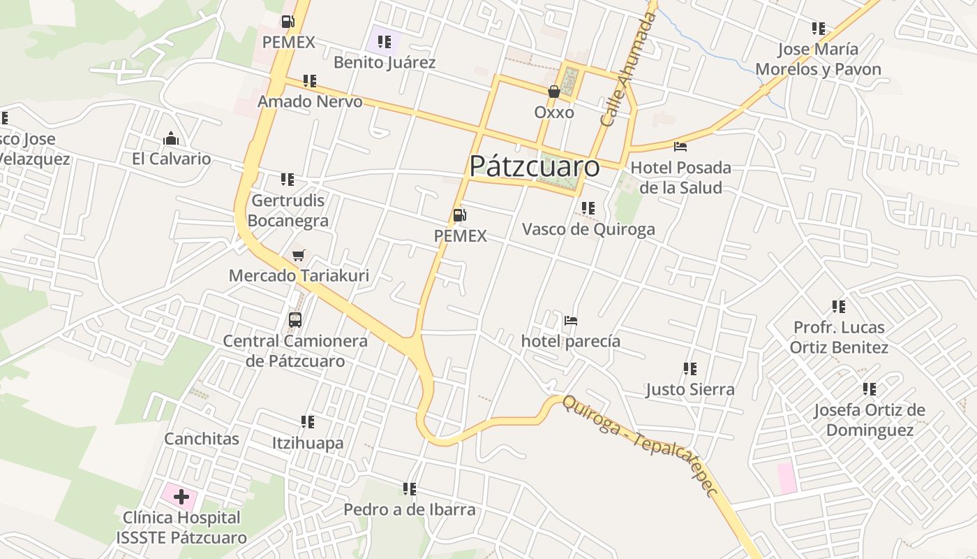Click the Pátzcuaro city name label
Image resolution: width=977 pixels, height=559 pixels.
point(534,166)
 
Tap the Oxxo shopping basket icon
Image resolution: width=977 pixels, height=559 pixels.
point(554,92)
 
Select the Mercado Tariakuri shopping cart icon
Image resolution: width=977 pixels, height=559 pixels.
point(299,256)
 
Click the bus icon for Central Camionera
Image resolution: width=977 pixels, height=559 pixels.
point(295,321)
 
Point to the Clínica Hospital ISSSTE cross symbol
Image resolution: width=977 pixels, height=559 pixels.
point(181,498)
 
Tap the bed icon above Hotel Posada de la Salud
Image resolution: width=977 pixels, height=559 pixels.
point(680,147)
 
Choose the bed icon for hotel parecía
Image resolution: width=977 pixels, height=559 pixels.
point(571,321)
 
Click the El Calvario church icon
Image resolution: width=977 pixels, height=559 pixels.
point(171,139)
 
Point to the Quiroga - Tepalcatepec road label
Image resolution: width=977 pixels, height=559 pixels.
point(641,445)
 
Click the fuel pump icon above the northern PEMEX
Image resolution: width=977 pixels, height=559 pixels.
point(288,22)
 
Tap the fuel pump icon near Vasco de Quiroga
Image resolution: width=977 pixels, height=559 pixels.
point(459,215)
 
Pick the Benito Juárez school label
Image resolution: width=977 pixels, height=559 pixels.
point(385,62)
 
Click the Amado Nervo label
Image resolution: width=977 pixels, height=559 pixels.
point(310,101)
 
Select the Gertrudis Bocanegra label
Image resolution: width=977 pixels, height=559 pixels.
point(288,211)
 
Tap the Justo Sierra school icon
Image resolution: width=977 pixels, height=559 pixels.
point(690,369)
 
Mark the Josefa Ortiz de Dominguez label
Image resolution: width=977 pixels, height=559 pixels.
point(870,420)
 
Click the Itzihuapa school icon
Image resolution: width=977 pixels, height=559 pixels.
point(308,422)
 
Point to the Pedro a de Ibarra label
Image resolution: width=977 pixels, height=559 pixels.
point(410,509)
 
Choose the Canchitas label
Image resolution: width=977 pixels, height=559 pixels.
point(202,439)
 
